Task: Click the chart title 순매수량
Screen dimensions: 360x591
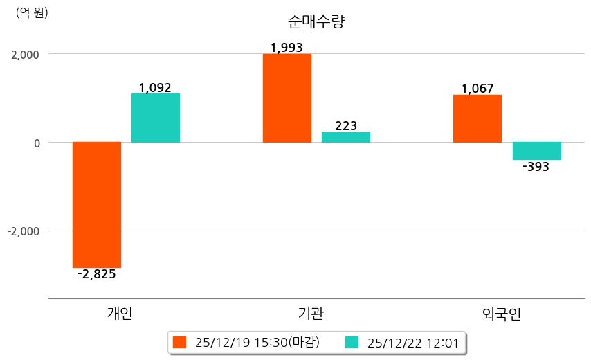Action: (x=316, y=21)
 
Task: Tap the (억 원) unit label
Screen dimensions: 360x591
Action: (x=32, y=12)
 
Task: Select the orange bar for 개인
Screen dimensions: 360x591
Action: (x=97, y=204)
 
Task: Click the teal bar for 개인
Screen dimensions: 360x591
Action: (x=156, y=118)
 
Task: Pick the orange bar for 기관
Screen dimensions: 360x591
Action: (x=287, y=98)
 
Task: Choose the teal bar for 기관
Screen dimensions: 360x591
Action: (x=346, y=137)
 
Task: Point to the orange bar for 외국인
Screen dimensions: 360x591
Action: (x=478, y=118)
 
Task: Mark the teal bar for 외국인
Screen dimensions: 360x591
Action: (x=536, y=151)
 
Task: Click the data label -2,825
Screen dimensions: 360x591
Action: (x=97, y=274)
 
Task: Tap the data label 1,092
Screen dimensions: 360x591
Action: (x=155, y=88)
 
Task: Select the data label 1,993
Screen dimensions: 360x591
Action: (x=287, y=48)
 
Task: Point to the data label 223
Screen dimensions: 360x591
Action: (x=346, y=126)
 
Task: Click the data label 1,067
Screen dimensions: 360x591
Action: (x=478, y=89)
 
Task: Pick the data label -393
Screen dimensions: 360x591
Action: (x=536, y=167)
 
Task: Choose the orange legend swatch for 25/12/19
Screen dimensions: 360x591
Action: (x=180, y=342)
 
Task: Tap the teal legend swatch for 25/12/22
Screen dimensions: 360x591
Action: (x=352, y=342)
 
